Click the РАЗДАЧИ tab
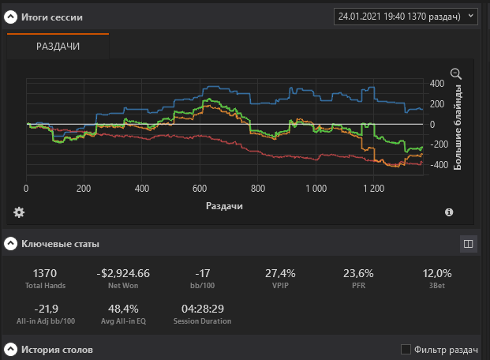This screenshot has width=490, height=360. tap(58, 47)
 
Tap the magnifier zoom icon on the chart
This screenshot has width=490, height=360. tap(455, 73)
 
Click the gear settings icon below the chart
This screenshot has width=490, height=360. tap(19, 212)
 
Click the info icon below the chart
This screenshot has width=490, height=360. tap(449, 212)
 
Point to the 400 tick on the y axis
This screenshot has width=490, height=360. tap(437, 83)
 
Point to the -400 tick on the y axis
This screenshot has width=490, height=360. tap(436, 165)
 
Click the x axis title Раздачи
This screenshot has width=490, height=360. tap(224, 205)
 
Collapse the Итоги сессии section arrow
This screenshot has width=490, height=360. tap(11, 17)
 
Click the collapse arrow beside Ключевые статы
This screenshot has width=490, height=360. tap(11, 244)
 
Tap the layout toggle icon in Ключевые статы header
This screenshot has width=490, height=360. tap(468, 244)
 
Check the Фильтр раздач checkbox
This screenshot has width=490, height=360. tap(406, 349)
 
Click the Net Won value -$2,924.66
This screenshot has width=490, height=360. tap(123, 273)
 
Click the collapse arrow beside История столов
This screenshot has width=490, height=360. tap(11, 349)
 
